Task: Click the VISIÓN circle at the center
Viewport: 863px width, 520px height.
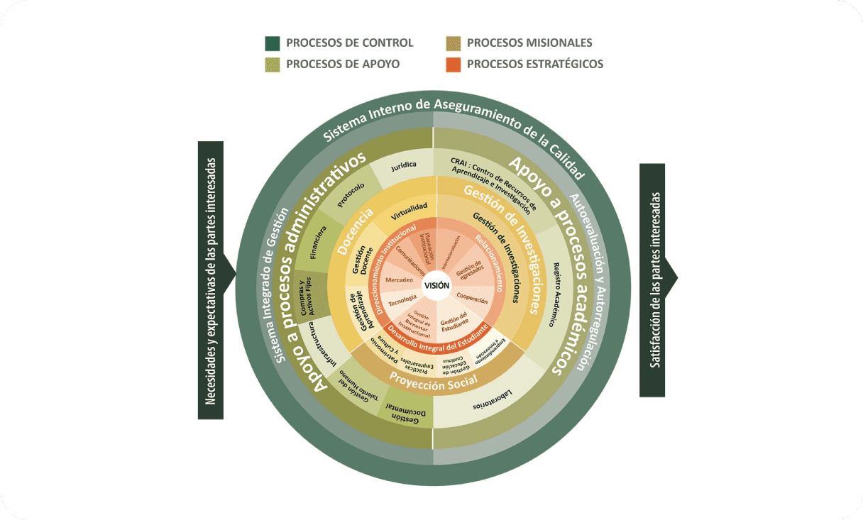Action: [x=436, y=285]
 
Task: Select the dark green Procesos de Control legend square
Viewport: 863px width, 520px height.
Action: [x=273, y=43]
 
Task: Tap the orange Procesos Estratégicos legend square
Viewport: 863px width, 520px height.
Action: [x=453, y=65]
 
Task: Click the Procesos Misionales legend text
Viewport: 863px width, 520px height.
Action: [x=529, y=43]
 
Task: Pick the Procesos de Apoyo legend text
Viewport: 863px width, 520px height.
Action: [x=342, y=65]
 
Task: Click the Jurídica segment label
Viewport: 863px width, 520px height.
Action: [x=403, y=165]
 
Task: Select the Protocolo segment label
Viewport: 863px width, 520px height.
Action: [x=351, y=195]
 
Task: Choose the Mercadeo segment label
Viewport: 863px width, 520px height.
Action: [x=399, y=280]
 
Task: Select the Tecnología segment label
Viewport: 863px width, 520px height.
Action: [x=402, y=299]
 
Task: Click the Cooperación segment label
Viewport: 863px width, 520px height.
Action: [x=472, y=299]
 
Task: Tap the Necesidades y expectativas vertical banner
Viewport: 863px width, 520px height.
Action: [x=211, y=280]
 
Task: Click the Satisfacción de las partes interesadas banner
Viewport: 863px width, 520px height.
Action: [x=653, y=280]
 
